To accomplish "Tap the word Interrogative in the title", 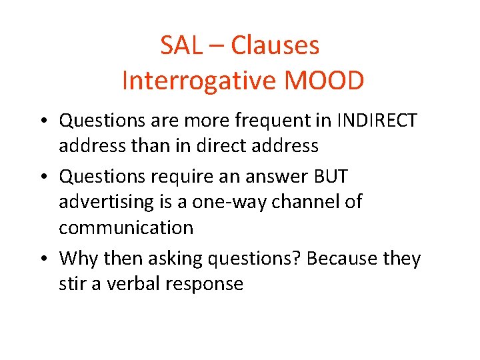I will coord(191,81).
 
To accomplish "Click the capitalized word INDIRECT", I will coord(377,121).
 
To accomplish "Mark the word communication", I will coord(126,227).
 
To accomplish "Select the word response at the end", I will coord(206,285).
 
